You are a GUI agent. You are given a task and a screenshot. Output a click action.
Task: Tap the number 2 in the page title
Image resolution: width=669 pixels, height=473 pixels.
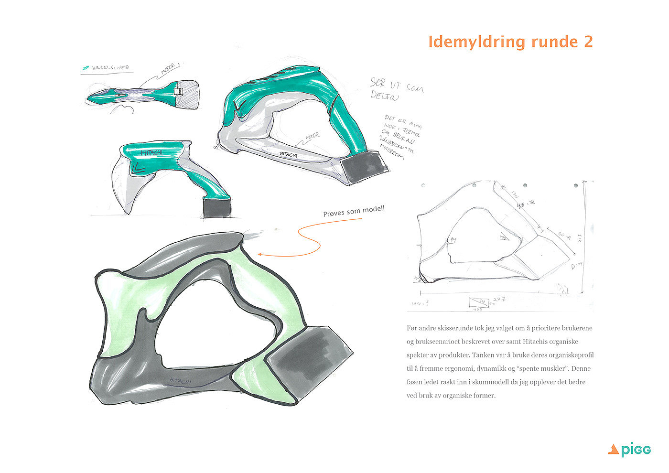[x=588, y=42]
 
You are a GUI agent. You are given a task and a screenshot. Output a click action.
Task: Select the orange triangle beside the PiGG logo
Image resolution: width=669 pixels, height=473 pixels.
[x=613, y=449]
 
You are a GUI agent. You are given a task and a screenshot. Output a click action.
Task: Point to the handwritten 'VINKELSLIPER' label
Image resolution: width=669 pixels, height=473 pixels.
[x=110, y=68]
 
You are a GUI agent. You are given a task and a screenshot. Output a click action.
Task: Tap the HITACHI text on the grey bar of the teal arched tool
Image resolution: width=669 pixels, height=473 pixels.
[x=289, y=155]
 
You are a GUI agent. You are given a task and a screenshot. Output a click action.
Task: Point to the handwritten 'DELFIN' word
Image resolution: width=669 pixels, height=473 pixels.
[x=383, y=95]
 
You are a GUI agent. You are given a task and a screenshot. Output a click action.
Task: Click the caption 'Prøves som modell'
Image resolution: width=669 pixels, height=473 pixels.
[x=354, y=211]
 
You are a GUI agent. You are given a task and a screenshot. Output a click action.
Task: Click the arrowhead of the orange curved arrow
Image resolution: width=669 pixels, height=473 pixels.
[x=259, y=254]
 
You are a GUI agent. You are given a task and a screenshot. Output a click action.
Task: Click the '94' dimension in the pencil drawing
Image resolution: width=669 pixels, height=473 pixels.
[x=453, y=240]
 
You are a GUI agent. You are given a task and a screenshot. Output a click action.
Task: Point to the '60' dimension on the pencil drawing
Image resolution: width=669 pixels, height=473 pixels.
[x=561, y=235]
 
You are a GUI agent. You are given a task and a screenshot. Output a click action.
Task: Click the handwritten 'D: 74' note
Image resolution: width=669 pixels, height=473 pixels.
[x=577, y=265]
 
